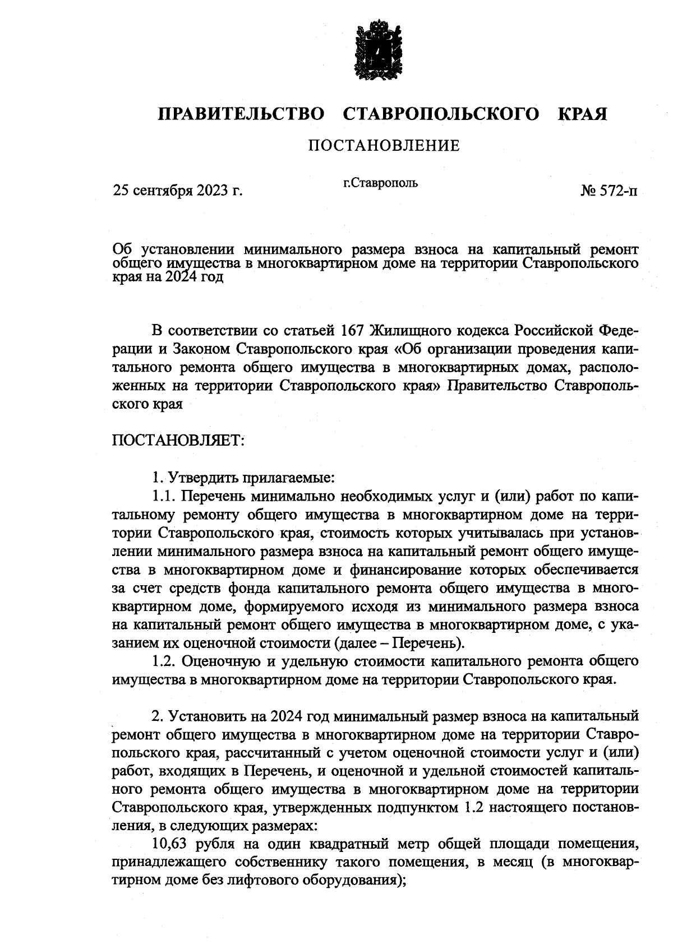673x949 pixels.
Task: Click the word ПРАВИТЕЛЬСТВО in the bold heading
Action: (x=241, y=114)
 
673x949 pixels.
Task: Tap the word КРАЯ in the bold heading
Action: (x=582, y=114)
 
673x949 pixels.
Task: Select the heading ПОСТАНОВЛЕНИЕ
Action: (x=384, y=146)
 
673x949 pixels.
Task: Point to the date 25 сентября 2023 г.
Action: (x=178, y=191)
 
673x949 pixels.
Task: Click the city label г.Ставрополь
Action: (x=380, y=183)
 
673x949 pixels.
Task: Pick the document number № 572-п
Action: (x=609, y=191)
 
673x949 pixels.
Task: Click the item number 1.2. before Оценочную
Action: (x=165, y=661)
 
